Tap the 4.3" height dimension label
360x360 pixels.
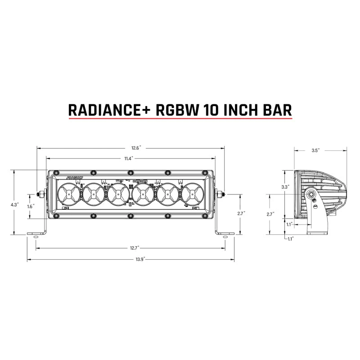[14, 204]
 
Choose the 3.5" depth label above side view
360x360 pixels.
[315, 151]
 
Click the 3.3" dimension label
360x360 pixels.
[285, 186]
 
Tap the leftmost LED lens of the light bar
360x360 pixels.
[68, 194]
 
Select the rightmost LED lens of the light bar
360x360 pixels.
[193, 194]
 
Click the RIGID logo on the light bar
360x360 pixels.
[74, 178]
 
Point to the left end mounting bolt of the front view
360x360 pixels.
[41, 194]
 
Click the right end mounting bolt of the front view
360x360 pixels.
[220, 194]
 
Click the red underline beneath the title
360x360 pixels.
[180, 119]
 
